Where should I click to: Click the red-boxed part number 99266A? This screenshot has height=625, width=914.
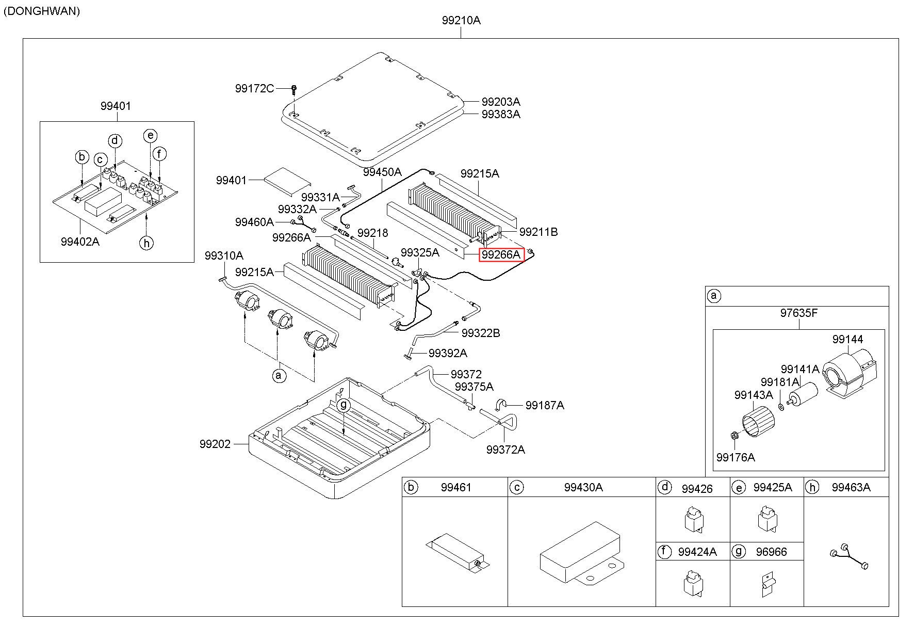[501, 254]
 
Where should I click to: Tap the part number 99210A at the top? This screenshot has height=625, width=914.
[461, 20]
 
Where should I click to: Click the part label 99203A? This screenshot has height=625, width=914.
[501, 102]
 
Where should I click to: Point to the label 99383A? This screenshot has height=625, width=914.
[501, 114]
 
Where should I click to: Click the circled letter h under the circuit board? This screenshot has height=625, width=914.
[147, 242]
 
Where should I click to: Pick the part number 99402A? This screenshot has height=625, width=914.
[80, 242]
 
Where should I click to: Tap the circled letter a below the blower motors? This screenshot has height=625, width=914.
[279, 375]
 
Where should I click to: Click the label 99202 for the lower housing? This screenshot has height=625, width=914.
[215, 444]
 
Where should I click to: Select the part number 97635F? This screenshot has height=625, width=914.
[798, 313]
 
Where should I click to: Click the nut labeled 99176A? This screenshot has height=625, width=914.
[735, 437]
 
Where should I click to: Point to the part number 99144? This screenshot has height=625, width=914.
[847, 339]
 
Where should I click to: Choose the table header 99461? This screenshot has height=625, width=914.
[456, 487]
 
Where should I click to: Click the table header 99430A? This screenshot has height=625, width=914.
[583, 487]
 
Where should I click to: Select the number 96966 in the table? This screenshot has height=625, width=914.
[772, 552]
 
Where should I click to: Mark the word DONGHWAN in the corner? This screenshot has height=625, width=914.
[42, 11]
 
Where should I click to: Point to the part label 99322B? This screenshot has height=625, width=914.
[481, 333]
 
